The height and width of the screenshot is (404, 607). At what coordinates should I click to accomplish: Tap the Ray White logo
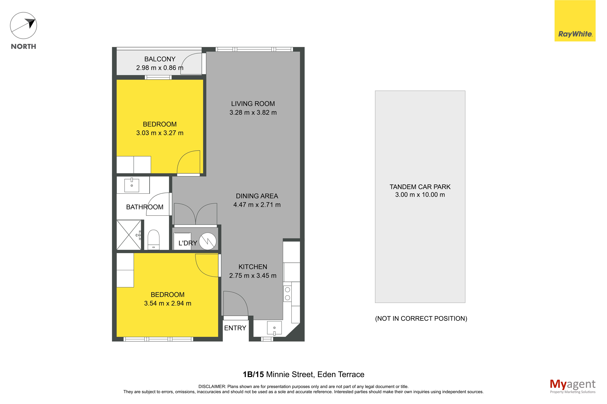click(575, 21)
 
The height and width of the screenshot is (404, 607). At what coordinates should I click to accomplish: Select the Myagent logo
click(573, 386)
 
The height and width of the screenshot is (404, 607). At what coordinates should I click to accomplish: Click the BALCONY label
click(160, 59)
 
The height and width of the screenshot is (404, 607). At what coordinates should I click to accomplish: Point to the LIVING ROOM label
click(253, 104)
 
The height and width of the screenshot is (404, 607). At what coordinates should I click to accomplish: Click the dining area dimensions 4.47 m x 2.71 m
click(257, 205)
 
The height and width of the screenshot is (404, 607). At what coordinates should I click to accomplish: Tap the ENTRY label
click(235, 328)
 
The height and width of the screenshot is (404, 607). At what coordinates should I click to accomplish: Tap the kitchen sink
click(274, 328)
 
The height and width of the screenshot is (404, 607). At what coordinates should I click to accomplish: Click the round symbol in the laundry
click(207, 241)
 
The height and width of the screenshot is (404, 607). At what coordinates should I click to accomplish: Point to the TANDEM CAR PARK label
click(420, 187)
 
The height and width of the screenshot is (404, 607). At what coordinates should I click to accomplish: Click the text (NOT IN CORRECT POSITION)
click(421, 318)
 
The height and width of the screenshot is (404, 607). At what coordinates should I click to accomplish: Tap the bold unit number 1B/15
click(253, 374)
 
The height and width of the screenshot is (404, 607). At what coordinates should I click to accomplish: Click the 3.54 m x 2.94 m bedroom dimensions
click(168, 303)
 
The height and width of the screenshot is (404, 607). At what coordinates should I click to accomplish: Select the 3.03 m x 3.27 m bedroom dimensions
click(160, 133)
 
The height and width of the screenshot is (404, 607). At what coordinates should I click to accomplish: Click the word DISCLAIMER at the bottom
click(212, 386)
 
